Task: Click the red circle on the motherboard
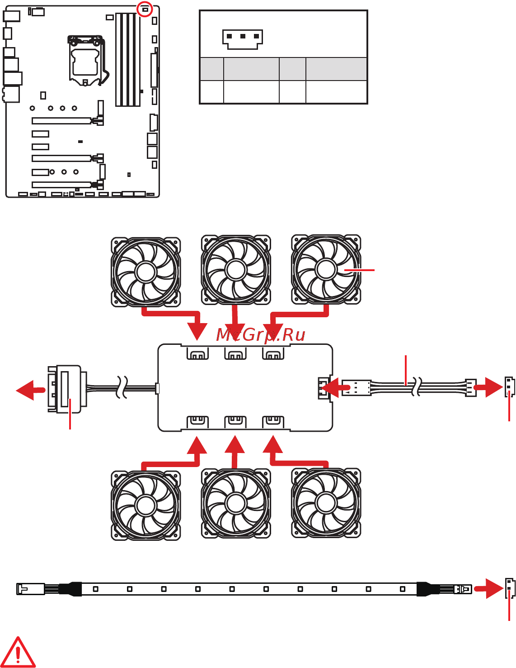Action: [145, 9]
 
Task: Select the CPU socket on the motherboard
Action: [85, 61]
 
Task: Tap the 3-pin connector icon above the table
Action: [243, 39]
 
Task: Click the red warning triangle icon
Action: [18, 653]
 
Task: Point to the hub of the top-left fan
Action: [145, 272]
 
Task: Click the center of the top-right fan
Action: [326, 270]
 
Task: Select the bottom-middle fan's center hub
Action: [236, 503]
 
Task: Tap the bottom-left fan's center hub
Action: [145, 505]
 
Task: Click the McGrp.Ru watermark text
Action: [261, 335]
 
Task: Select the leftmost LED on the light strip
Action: [96, 589]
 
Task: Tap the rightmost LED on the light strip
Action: [403, 589]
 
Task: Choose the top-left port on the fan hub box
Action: [197, 354]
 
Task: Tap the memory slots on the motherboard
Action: [127, 59]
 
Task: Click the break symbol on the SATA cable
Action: [121, 387]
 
